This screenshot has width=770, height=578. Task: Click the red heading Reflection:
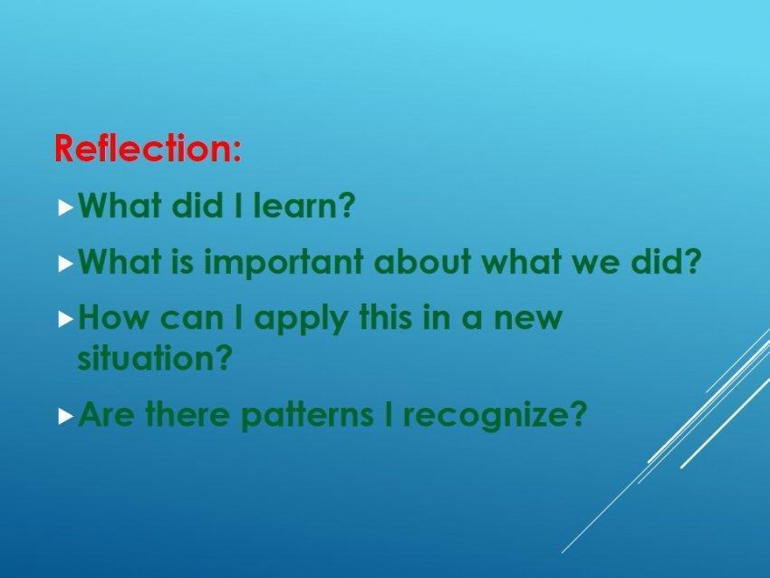pos(148,148)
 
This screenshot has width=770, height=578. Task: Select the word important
pos(284,262)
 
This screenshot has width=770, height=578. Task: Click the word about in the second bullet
pos(422,261)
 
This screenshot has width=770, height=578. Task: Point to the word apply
pos(300,318)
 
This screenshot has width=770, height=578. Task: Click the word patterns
pos(307,415)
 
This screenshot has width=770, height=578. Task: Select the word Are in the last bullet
pos(106,413)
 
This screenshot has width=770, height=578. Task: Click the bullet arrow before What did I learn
pos(66,207)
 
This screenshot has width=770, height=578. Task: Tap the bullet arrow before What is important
pos(66,265)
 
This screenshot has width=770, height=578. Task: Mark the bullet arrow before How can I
pos(66,320)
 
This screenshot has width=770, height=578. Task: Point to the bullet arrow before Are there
pos(66,418)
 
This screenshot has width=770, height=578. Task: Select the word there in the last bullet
pos(188,413)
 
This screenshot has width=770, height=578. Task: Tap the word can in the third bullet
pos(192,319)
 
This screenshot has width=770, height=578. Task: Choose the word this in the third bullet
pos(386,316)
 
